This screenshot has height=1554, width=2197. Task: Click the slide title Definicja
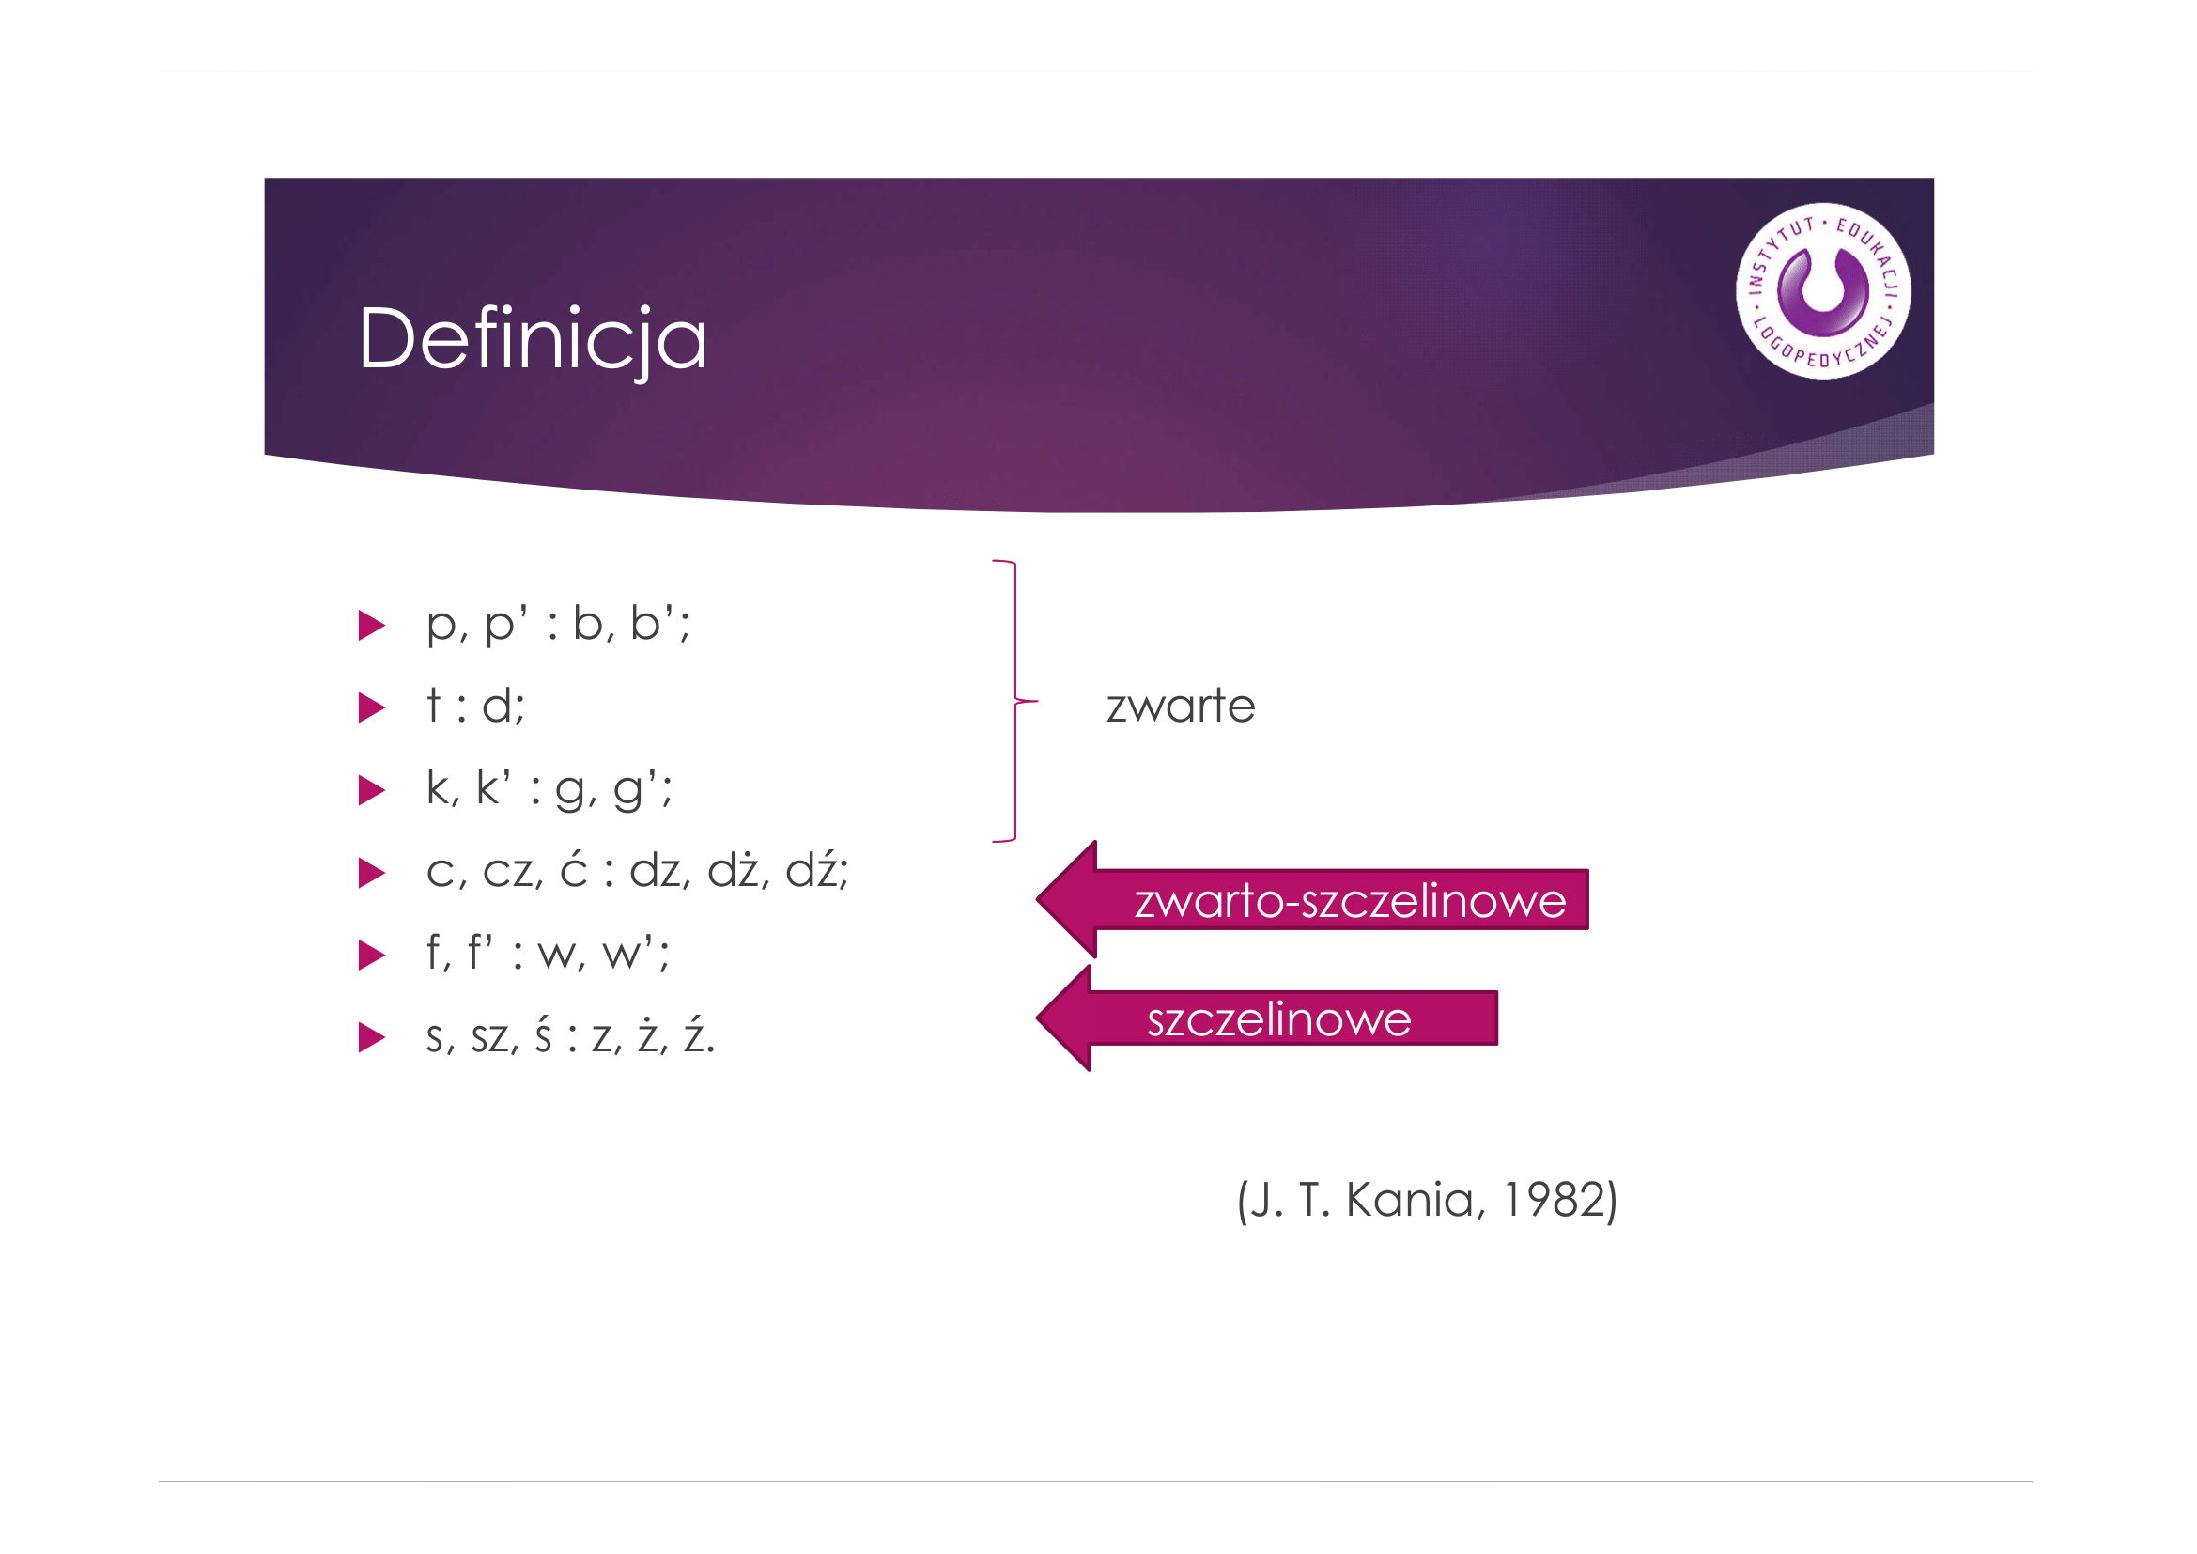click(x=532, y=341)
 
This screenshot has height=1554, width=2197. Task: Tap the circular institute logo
click(x=1823, y=291)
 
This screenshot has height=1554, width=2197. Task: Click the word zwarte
click(x=1180, y=707)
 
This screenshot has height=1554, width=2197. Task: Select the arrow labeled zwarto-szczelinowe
click(x=1311, y=899)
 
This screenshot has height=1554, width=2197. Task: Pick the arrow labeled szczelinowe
click(x=1266, y=1018)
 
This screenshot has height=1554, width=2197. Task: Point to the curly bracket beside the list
click(x=1015, y=702)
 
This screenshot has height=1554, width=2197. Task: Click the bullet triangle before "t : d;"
click(x=371, y=708)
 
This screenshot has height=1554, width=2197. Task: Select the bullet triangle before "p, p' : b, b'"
click(x=371, y=626)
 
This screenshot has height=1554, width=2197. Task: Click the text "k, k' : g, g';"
click(x=549, y=790)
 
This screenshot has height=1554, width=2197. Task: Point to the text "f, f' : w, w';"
click(x=549, y=954)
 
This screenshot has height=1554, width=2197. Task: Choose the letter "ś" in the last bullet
click(x=544, y=1036)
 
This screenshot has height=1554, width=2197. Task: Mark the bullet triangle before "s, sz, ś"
click(x=371, y=1037)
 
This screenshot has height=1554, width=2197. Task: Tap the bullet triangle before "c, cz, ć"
click(x=371, y=873)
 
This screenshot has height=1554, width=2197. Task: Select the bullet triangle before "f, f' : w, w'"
click(x=371, y=955)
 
